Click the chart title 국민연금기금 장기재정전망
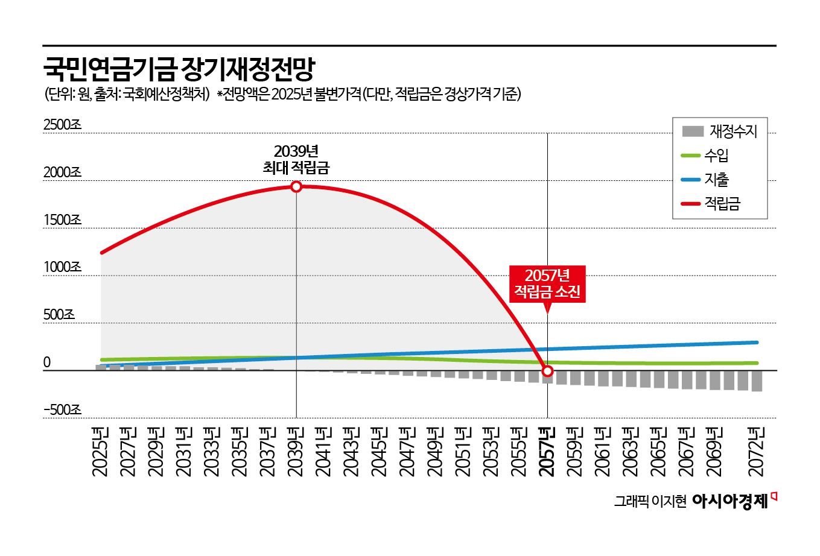click(x=179, y=70)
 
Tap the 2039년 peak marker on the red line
click(x=296, y=186)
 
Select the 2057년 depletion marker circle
click(x=547, y=371)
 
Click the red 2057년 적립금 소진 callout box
click(x=547, y=283)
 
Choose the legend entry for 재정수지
click(x=720, y=131)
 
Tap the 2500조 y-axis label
click(x=62, y=125)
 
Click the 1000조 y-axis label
click(x=62, y=267)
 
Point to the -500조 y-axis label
click(x=62, y=410)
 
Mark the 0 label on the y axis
click(x=47, y=362)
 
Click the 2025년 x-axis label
click(x=101, y=451)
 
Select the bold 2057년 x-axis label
click(x=547, y=451)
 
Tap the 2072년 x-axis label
click(x=757, y=451)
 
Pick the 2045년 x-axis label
click(x=380, y=451)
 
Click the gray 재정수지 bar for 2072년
click(x=757, y=381)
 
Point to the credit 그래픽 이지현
click(x=650, y=502)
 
